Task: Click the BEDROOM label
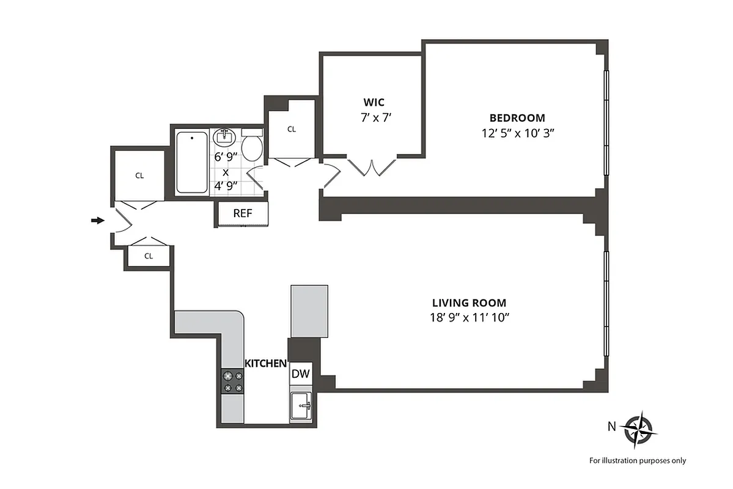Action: (517, 118)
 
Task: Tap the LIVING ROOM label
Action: (469, 303)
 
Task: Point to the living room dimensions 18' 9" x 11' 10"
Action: (469, 317)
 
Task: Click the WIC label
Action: (374, 101)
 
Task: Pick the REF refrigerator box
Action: (243, 213)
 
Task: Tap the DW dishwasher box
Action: (300, 374)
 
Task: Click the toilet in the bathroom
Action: (252, 145)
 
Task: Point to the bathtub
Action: (192, 163)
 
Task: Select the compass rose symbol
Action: (639, 428)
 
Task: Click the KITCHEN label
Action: (265, 363)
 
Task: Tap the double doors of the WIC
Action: (371, 167)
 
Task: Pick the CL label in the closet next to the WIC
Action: (292, 129)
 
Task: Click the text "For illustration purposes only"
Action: (637, 461)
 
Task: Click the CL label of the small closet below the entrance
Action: (148, 256)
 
